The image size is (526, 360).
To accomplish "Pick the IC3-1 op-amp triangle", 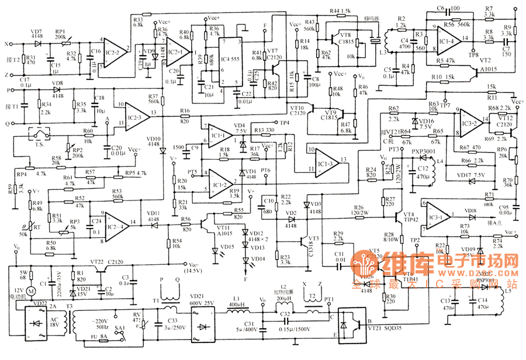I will tap(438, 211).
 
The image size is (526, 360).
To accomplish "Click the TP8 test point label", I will tap(474, 54).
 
